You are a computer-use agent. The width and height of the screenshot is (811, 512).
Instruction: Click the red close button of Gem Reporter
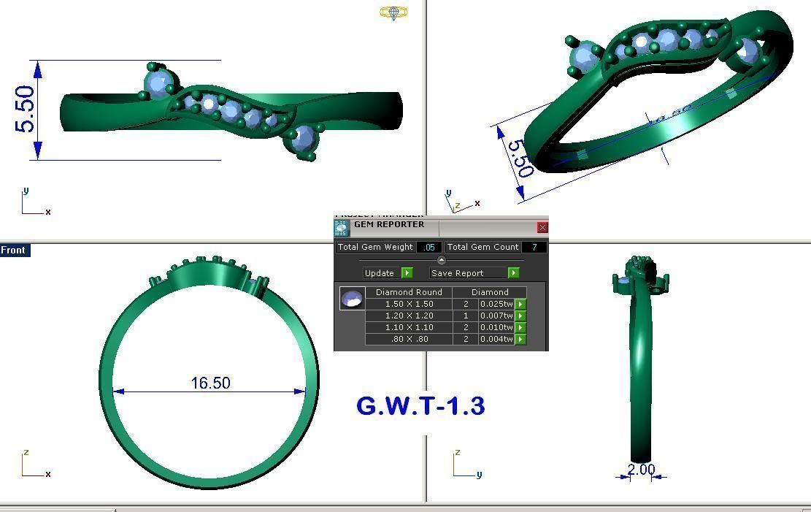(542, 228)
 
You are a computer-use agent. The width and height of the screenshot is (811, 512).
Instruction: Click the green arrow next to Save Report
(514, 273)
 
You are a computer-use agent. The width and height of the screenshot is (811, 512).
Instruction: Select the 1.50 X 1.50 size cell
(409, 304)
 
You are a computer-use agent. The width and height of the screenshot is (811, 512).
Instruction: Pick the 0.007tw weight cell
(496, 316)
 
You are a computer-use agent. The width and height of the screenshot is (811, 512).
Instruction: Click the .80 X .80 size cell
(409, 339)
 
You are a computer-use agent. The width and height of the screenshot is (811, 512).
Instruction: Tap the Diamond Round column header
(409, 292)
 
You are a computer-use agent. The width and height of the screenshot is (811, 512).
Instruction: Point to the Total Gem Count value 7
(534, 248)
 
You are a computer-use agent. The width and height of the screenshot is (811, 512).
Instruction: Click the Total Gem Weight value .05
(429, 248)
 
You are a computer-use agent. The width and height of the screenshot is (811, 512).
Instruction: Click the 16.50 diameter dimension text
(210, 383)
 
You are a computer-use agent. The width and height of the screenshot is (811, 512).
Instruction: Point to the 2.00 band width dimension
(641, 470)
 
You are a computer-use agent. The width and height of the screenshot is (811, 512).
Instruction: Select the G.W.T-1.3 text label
(420, 406)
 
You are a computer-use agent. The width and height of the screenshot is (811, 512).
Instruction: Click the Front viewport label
(13, 250)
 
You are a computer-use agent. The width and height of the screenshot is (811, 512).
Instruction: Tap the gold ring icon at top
(393, 12)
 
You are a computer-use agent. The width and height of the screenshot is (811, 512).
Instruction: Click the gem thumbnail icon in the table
(353, 298)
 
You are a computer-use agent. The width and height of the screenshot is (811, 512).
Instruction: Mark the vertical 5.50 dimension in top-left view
(25, 110)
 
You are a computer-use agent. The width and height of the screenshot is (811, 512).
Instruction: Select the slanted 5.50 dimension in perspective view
(519, 158)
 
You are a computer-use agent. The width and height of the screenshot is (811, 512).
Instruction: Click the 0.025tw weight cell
(496, 304)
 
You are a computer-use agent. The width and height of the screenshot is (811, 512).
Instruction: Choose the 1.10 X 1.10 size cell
(409, 327)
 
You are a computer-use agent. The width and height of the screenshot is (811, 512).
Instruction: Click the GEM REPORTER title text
(388, 224)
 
